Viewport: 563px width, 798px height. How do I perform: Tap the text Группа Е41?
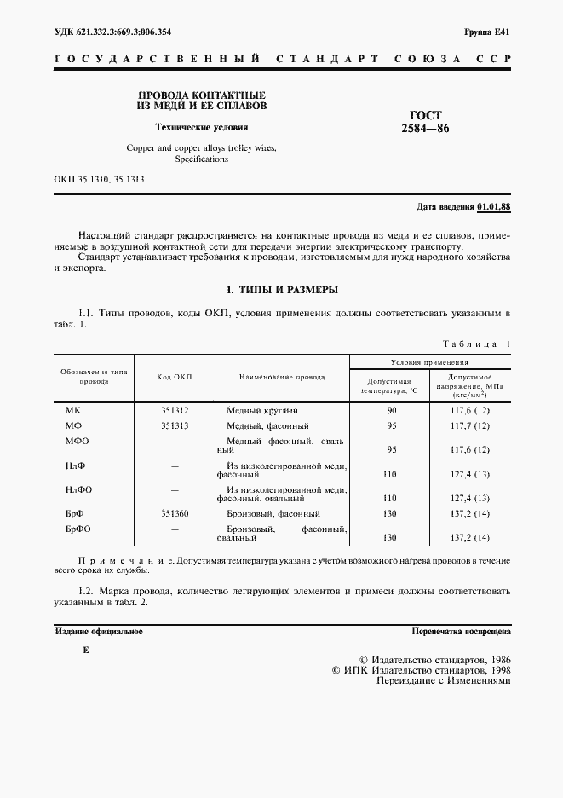(x=486, y=32)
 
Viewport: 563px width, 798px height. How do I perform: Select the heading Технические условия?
(x=201, y=128)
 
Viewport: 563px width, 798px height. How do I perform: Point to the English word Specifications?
(x=202, y=159)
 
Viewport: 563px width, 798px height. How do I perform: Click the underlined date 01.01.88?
(x=493, y=207)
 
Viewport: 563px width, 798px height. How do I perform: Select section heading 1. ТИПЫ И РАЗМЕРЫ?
(x=281, y=291)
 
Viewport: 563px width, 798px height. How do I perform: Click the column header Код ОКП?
(x=175, y=376)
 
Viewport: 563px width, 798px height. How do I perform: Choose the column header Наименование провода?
(x=282, y=376)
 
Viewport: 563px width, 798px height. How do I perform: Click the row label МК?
(x=73, y=410)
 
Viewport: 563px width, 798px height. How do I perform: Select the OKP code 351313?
(x=175, y=425)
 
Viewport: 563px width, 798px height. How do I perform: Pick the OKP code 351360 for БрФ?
(x=175, y=513)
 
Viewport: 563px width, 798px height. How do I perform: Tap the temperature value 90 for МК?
(x=392, y=410)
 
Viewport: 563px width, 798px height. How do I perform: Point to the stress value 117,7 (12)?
(x=470, y=425)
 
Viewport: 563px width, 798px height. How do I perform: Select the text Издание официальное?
(x=99, y=632)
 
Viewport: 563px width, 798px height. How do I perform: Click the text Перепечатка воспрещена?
(x=461, y=632)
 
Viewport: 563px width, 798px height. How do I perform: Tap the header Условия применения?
(x=430, y=361)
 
